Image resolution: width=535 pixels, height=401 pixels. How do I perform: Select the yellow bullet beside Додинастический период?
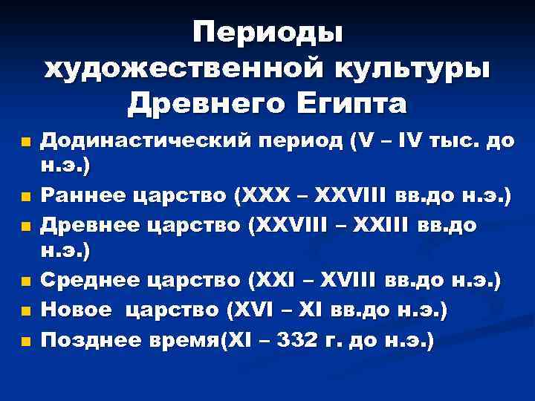26,143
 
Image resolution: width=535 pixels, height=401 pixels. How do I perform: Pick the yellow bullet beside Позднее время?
26,342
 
